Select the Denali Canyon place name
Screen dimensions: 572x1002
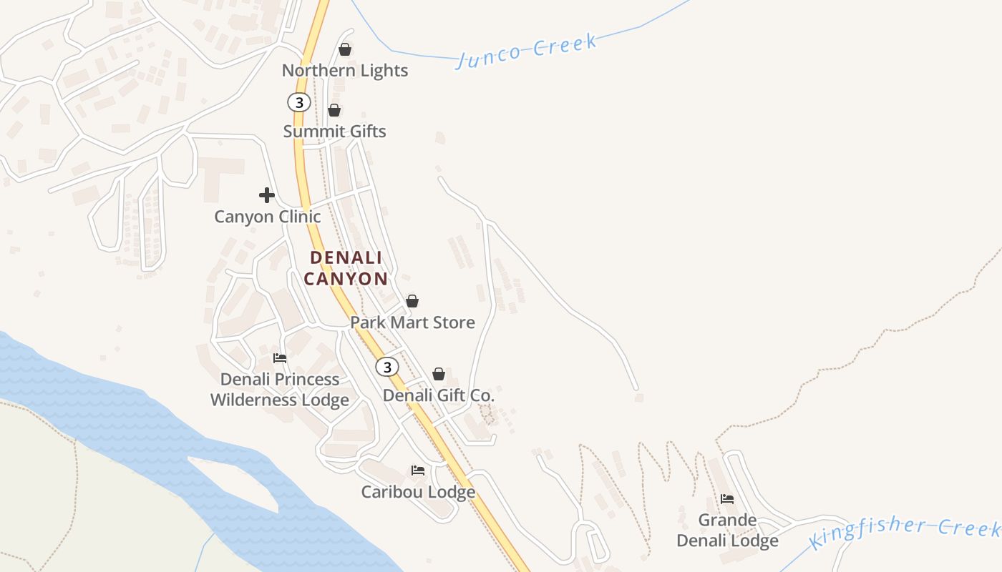tap(346, 268)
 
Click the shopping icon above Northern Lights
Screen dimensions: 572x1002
tap(345, 49)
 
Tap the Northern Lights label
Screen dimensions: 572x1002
tap(345, 70)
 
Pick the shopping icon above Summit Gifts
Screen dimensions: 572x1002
tap(334, 110)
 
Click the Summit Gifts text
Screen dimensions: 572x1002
tap(334, 132)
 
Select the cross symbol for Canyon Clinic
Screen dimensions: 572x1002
tap(267, 195)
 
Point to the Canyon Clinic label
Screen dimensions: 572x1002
tap(268, 217)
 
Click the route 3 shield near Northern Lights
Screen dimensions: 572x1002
tap(298, 103)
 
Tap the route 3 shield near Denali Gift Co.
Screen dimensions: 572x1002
tap(387, 367)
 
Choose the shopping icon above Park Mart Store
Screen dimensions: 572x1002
tap(412, 301)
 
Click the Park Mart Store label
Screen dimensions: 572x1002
tap(412, 322)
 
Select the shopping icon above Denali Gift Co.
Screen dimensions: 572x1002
tap(439, 374)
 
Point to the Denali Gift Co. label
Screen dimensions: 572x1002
tap(439, 395)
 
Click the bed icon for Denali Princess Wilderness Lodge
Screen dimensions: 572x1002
tap(280, 357)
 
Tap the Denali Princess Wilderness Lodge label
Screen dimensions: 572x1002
tap(280, 390)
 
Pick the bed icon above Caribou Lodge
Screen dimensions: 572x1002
tap(418, 470)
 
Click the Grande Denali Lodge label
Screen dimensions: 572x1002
tap(727, 531)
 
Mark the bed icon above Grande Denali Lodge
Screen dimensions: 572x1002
tap(727, 499)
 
